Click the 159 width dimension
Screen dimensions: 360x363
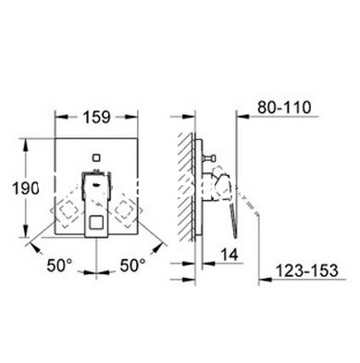pyautogui.click(x=96, y=118)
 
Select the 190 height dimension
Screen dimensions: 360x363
pyautogui.click(x=26, y=188)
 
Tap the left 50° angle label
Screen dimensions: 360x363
pyautogui.click(x=59, y=265)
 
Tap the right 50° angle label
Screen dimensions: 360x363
pyautogui.click(x=132, y=265)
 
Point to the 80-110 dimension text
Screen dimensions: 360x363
pyautogui.click(x=284, y=107)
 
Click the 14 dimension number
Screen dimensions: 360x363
pyautogui.click(x=230, y=255)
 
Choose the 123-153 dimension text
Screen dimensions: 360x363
pyautogui.click(x=306, y=270)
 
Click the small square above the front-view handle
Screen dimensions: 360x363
pyautogui.click(x=96, y=157)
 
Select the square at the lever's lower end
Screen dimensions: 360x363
pyautogui.click(x=96, y=223)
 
